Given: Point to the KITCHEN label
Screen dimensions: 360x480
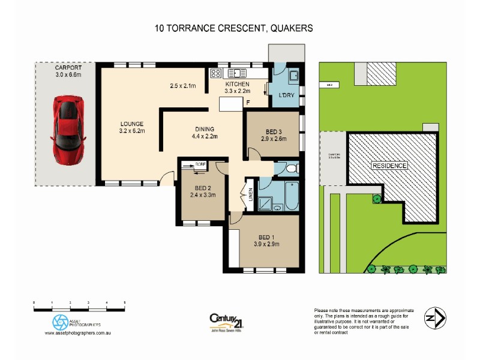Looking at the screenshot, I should click(x=236, y=85).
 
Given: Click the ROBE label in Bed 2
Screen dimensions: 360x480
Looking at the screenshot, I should click(x=200, y=163).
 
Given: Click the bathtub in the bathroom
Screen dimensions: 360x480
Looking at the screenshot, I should click(x=291, y=196).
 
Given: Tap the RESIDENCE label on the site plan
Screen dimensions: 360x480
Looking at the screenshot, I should click(x=389, y=166).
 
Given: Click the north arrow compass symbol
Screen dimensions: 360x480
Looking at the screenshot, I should click(x=434, y=317).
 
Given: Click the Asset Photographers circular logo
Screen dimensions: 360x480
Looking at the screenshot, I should click(x=61, y=320).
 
